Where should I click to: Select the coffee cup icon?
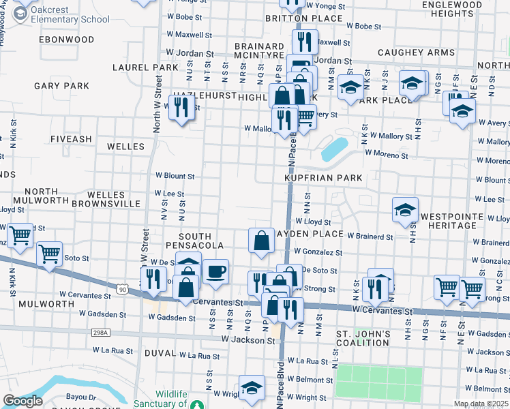[215, 272]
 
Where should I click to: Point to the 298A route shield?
[100, 332]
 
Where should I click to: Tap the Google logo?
[22, 401]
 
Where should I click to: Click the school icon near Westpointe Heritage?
[405, 211]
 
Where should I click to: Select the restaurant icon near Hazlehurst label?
[181, 108]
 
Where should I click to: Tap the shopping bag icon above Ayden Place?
[262, 240]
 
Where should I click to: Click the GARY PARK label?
[61, 86]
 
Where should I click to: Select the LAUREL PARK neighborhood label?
[145, 67]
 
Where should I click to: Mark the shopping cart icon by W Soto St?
[50, 254]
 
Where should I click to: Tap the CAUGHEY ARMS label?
[417, 52]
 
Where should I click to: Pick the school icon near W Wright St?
[252, 388]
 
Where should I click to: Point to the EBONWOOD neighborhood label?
[66, 40]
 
